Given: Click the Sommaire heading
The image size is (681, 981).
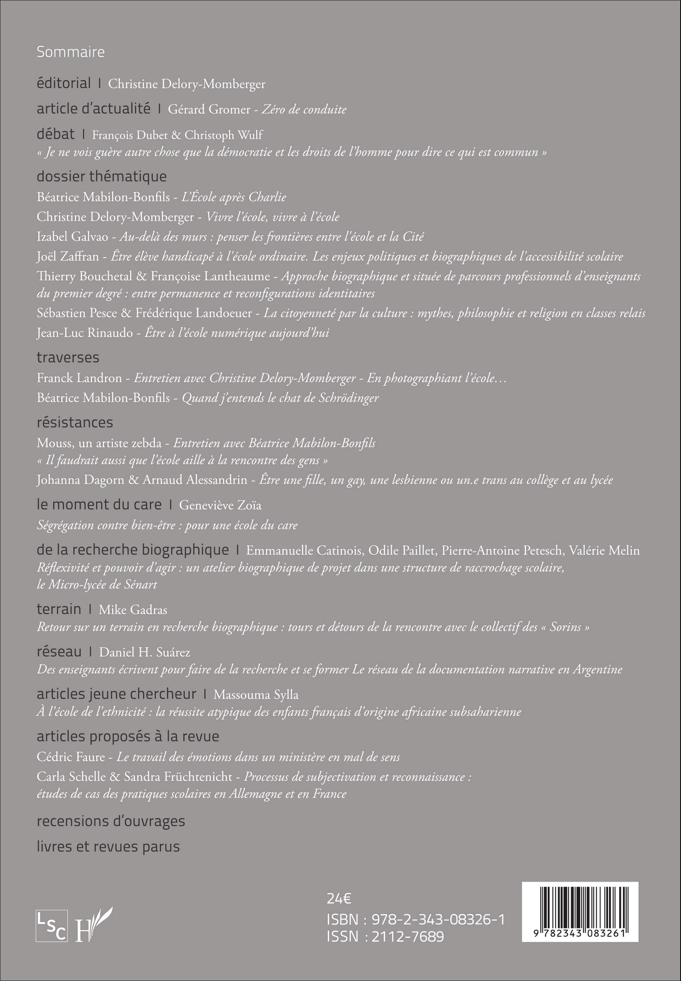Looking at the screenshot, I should pos(70,52).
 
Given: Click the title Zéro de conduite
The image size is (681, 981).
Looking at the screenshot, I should pos(304,109).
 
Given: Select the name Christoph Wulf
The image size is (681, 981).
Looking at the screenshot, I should pos(223,135).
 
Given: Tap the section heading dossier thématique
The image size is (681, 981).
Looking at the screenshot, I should pos(102,176).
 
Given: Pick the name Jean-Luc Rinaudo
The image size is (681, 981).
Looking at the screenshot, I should pos(84,333).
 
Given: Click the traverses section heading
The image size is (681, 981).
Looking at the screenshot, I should pos(68,357).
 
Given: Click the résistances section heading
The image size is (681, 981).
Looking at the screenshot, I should pos(74,422).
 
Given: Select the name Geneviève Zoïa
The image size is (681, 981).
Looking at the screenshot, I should pos(220,505).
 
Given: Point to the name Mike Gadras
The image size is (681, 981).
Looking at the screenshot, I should pos(133,610).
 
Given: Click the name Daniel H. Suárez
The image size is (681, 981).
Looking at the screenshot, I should pos(145,652).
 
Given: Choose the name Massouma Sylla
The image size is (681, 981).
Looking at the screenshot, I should pos(256,694).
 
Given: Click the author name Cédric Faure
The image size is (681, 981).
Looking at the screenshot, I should pos(71,757).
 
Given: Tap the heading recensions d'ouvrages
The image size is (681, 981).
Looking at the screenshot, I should pos(111,821).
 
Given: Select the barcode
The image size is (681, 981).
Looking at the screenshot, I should pos(580,912).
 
